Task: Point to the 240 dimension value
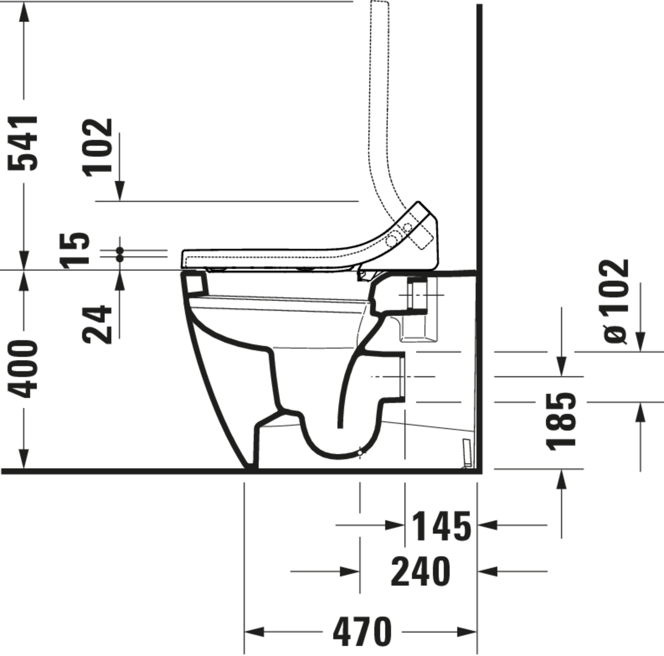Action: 420,571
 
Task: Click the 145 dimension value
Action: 441,525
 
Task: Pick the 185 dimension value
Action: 561,422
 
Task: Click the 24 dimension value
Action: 97,324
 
